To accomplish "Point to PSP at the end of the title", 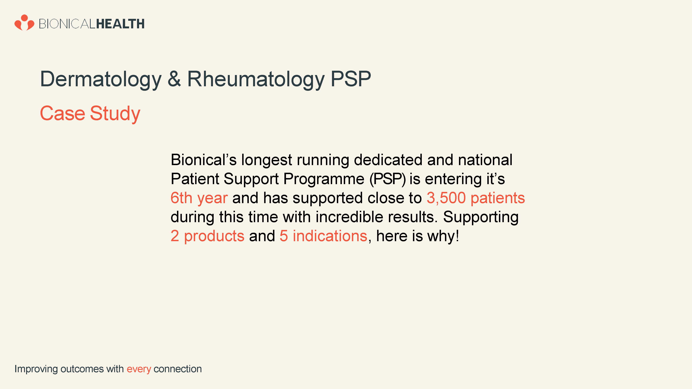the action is tap(350, 79).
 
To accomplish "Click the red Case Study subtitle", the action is tap(90, 114).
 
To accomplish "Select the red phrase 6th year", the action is tap(199, 198).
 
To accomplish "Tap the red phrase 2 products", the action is tap(207, 236).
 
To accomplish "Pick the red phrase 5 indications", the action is tap(323, 236).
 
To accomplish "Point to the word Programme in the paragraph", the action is tap(324, 179).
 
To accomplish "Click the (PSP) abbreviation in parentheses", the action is tap(387, 179).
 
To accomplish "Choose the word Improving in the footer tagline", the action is tap(36, 369).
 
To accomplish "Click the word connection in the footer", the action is tap(177, 369).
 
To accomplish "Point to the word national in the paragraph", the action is tap(485, 160).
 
